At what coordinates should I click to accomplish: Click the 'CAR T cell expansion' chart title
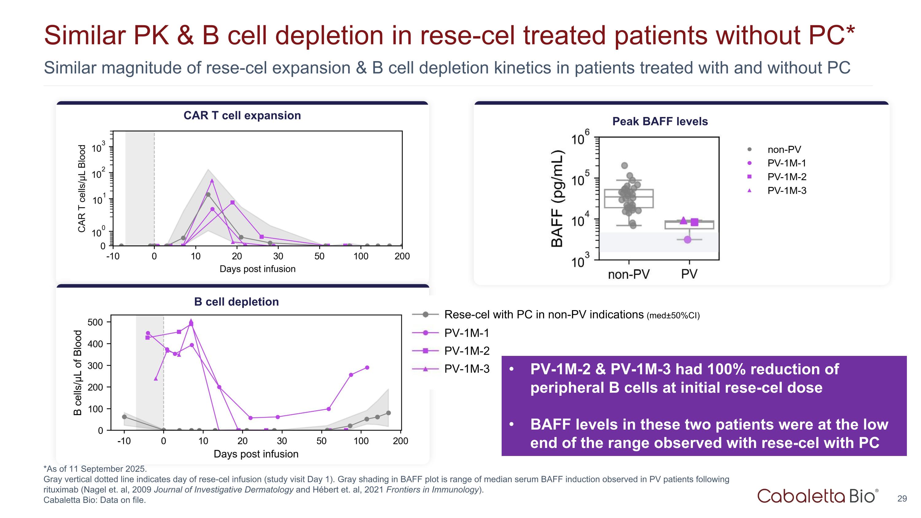[x=242, y=115]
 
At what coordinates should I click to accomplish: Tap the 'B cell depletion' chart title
[x=236, y=302]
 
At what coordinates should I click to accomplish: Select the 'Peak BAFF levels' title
[x=660, y=122]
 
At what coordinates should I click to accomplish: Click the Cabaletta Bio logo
[x=817, y=496]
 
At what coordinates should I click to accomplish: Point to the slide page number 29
[x=902, y=499]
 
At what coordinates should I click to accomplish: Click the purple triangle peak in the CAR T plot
[x=212, y=181]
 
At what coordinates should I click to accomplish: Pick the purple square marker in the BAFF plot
[x=694, y=222]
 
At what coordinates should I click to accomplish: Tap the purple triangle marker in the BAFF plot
[x=683, y=220]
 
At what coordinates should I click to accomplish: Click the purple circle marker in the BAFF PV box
[x=687, y=240]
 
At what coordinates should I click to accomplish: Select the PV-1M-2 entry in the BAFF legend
[x=787, y=177]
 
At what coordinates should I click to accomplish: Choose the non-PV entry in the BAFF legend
[x=784, y=150]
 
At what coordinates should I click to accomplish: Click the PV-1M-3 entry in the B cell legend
[x=467, y=369]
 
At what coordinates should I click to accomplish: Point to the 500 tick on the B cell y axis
[x=95, y=322]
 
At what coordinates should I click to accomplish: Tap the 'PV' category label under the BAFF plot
[x=689, y=274]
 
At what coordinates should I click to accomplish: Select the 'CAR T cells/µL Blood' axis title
[x=82, y=189]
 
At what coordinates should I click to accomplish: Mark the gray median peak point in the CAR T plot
[x=208, y=194]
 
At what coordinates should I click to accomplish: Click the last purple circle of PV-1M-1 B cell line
[x=367, y=368]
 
